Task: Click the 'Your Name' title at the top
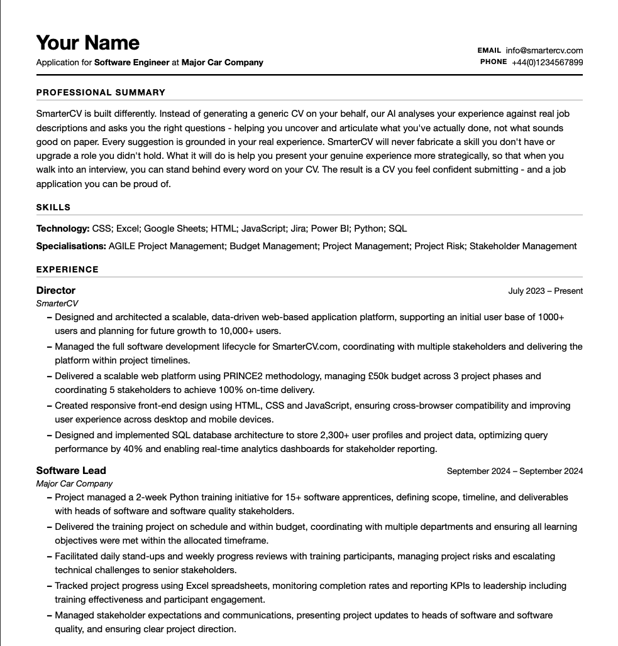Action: pos(87,43)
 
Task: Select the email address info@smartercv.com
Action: pos(544,50)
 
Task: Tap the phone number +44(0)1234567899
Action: pos(547,62)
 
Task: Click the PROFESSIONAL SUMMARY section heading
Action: pos(101,92)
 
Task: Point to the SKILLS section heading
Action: pos(53,207)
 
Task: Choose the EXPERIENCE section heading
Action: pos(67,269)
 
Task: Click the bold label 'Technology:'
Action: pos(63,229)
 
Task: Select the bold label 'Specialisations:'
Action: pos(71,246)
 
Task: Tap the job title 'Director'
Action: pos(55,290)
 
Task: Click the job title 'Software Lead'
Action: pos(71,470)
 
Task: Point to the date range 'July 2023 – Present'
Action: pos(545,291)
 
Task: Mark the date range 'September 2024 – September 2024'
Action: pos(514,471)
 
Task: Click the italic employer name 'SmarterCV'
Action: pos(57,303)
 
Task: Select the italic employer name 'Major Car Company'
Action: pos(74,483)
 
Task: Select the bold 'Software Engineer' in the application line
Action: pos(131,62)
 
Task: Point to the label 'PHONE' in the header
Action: pos(493,62)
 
